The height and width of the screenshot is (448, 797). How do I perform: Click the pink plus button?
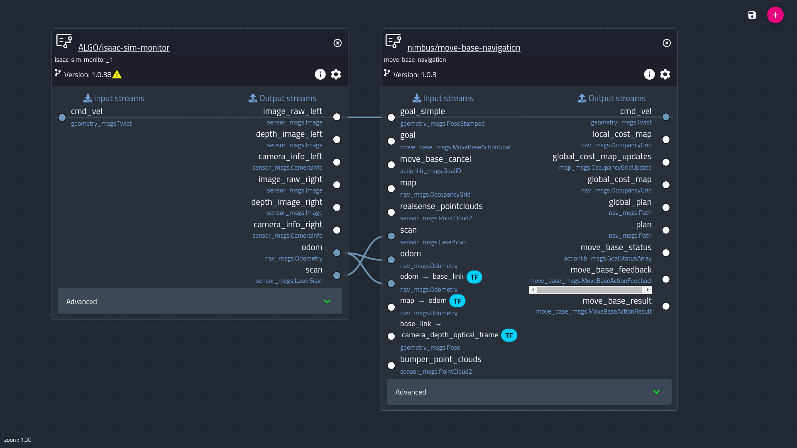coord(775,15)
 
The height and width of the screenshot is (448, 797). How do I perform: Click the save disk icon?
coord(752,15)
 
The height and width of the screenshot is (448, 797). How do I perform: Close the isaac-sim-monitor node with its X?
coord(337,43)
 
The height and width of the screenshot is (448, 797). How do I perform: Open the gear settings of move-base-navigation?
coord(665,74)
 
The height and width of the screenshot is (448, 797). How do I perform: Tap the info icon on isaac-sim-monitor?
coord(320,74)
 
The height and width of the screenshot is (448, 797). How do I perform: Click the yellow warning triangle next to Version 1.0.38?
coord(117,75)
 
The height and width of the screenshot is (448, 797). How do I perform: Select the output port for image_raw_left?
coord(337,117)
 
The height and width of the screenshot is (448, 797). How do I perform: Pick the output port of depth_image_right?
coord(337,207)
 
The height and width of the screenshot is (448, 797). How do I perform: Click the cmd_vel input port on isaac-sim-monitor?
coord(62,117)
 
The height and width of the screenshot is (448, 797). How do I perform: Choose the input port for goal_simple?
coord(391,117)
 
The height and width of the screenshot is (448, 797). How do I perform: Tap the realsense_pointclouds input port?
coord(391,212)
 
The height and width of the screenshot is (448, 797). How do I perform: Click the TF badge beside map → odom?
coord(457,301)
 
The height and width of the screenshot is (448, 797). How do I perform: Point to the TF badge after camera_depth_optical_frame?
coord(509,336)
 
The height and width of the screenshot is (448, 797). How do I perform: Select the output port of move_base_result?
coord(666,306)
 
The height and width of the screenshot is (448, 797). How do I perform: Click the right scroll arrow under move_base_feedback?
coord(648,290)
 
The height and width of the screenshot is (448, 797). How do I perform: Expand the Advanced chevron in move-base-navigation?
coord(656,392)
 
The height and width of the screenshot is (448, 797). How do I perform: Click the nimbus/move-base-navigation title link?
coord(464,48)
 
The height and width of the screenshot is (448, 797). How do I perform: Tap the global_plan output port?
coord(666,207)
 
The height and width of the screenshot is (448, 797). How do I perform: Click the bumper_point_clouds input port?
coord(391,365)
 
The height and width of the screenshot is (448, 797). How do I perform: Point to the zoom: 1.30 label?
coord(18,440)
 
